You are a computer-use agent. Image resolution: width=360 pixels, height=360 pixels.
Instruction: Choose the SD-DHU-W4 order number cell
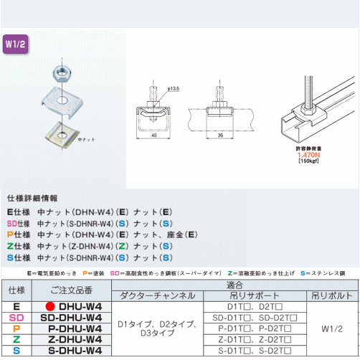click(x=70, y=317)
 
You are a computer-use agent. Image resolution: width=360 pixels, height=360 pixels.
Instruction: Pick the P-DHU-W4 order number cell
click(x=70, y=328)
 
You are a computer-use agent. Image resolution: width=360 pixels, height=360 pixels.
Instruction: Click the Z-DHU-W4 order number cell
click(x=70, y=338)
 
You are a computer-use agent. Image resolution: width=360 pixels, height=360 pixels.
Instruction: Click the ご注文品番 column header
click(x=70, y=290)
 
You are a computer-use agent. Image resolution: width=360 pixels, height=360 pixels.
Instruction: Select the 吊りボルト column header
click(x=331, y=295)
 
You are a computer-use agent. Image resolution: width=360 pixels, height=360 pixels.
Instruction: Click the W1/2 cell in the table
click(x=331, y=328)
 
